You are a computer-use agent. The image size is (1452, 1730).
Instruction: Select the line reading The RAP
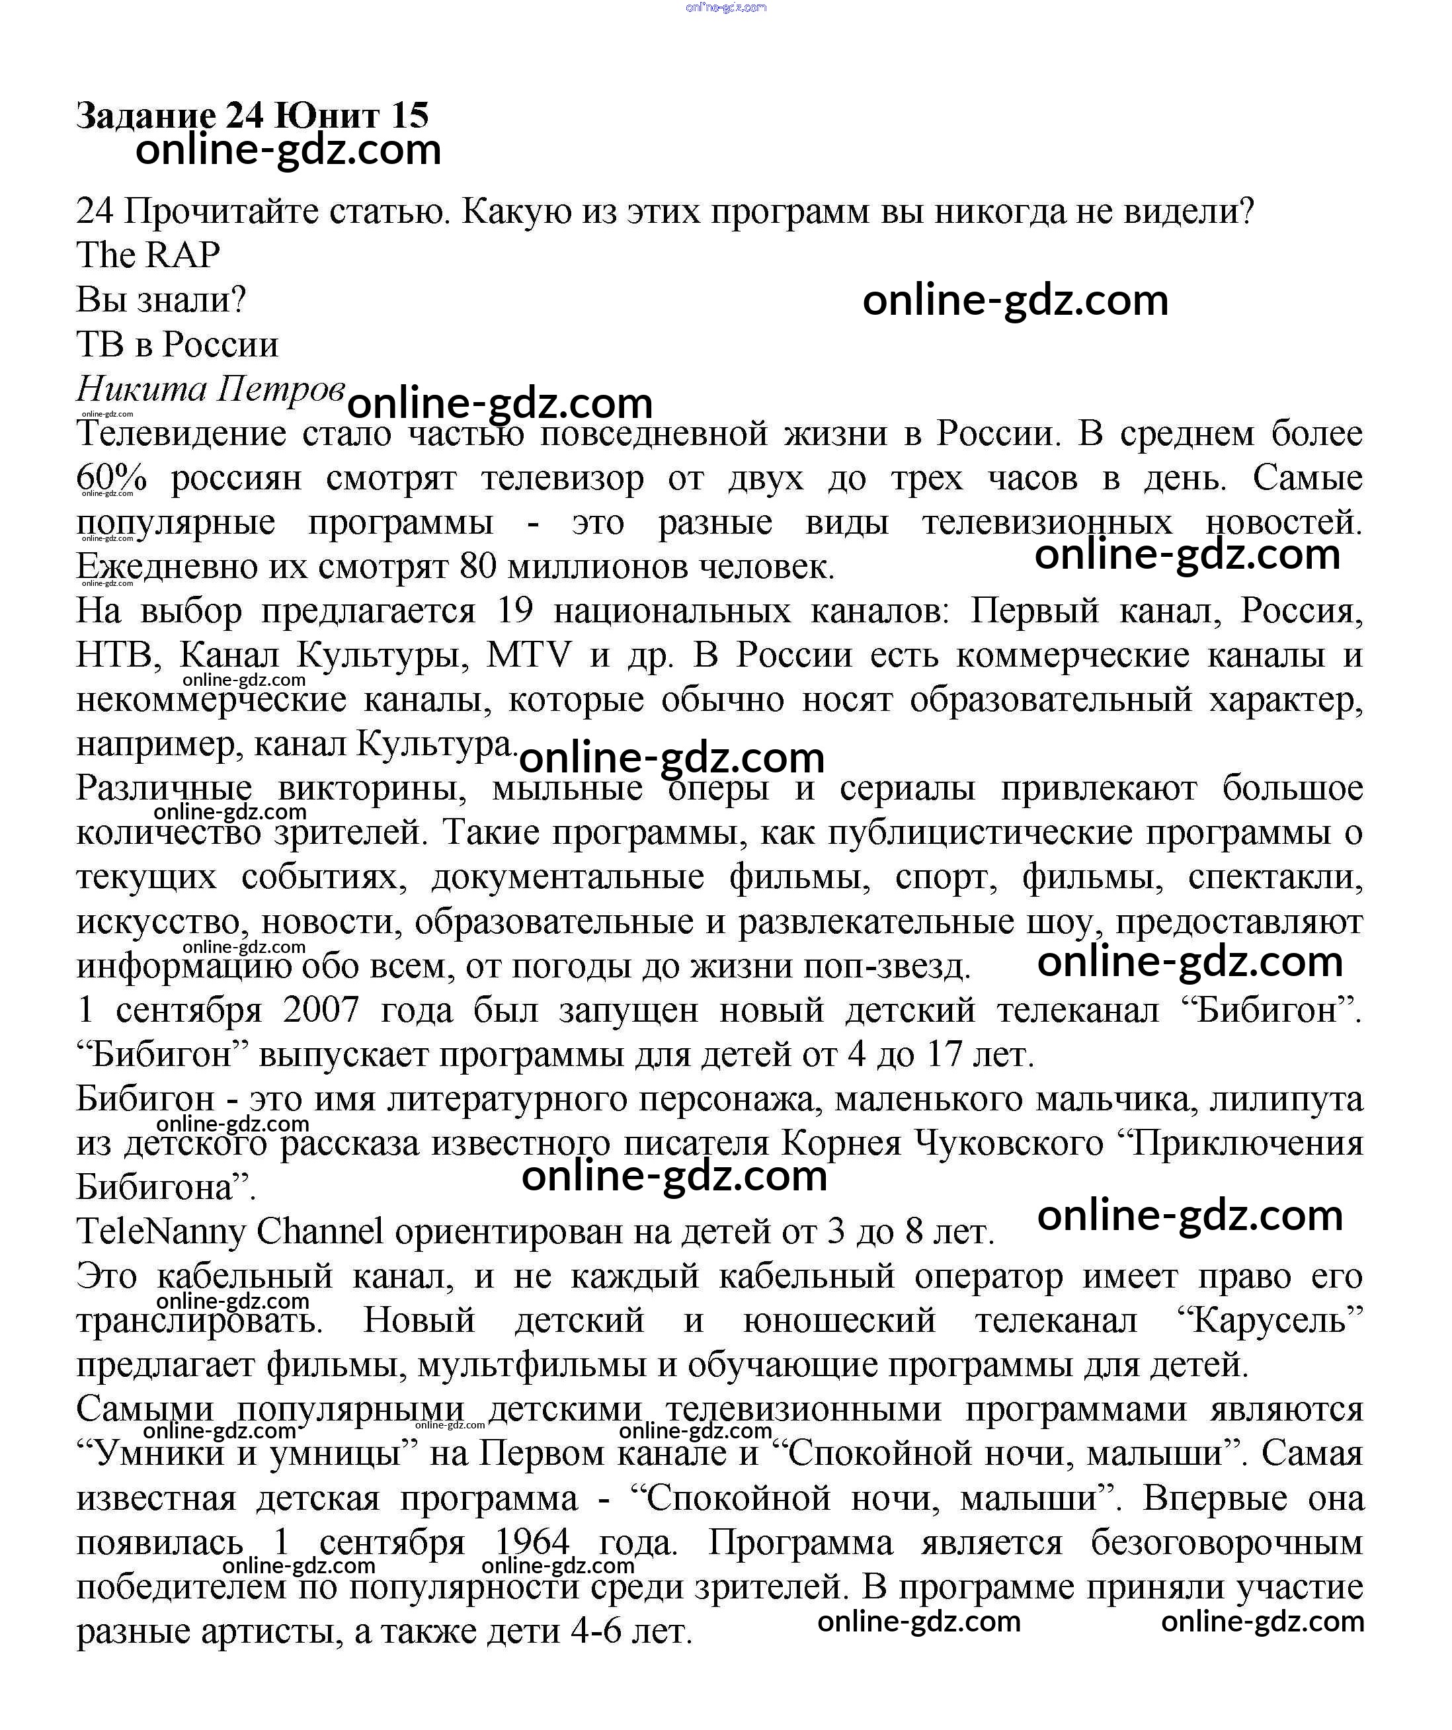click(148, 255)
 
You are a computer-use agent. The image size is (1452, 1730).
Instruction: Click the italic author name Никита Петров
click(210, 388)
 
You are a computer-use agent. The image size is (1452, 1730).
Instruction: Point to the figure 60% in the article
click(111, 478)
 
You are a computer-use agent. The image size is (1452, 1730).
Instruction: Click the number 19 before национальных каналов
click(516, 611)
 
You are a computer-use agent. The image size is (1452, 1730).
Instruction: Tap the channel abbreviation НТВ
click(114, 656)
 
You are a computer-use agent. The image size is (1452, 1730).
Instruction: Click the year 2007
click(321, 1010)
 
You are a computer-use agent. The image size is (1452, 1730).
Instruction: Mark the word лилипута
click(1285, 1099)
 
